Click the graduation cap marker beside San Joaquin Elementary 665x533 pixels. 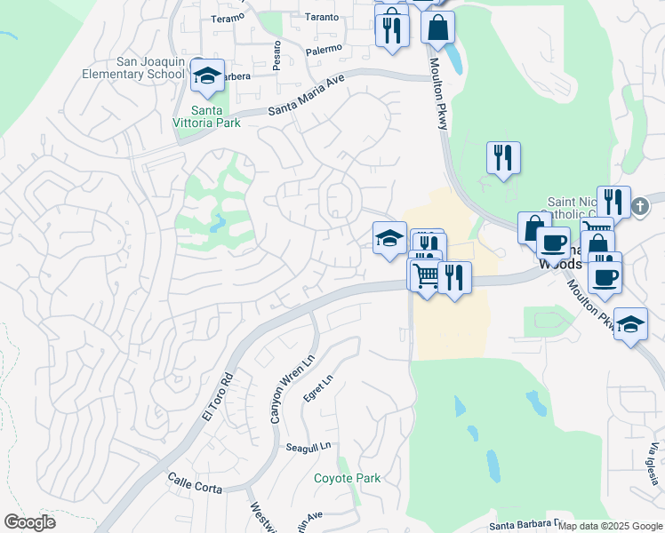[x=207, y=77]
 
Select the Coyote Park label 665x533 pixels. [x=347, y=478]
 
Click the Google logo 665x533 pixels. [x=29, y=522]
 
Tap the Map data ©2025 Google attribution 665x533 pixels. [x=609, y=526]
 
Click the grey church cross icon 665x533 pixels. [x=638, y=207]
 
